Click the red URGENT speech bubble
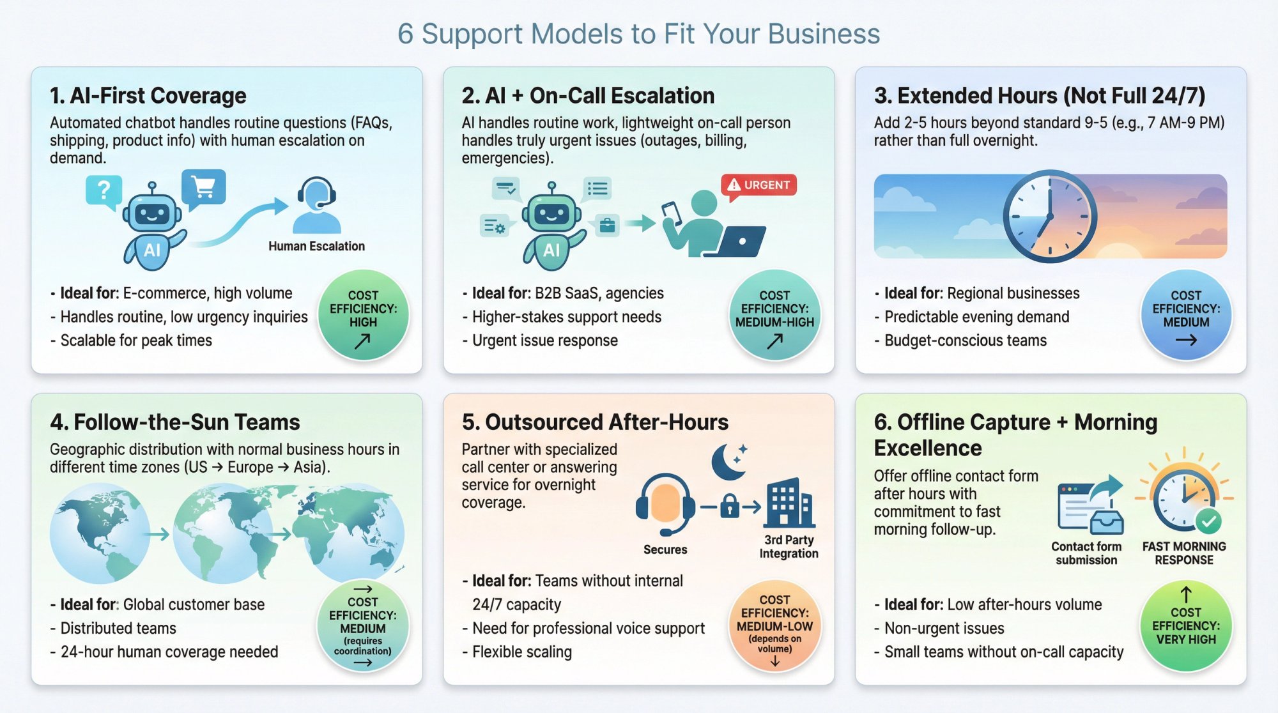(x=758, y=185)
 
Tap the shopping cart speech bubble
(x=203, y=187)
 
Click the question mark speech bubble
(x=104, y=190)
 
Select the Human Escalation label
(x=316, y=246)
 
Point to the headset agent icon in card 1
(x=316, y=206)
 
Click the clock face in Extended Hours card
(x=1049, y=216)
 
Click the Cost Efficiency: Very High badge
(x=1186, y=625)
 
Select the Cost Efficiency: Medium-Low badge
(x=774, y=625)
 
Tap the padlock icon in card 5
(x=729, y=507)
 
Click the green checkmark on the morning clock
(x=1208, y=521)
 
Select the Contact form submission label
(x=1086, y=553)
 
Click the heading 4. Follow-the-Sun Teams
(x=174, y=422)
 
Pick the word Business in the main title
(x=824, y=34)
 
